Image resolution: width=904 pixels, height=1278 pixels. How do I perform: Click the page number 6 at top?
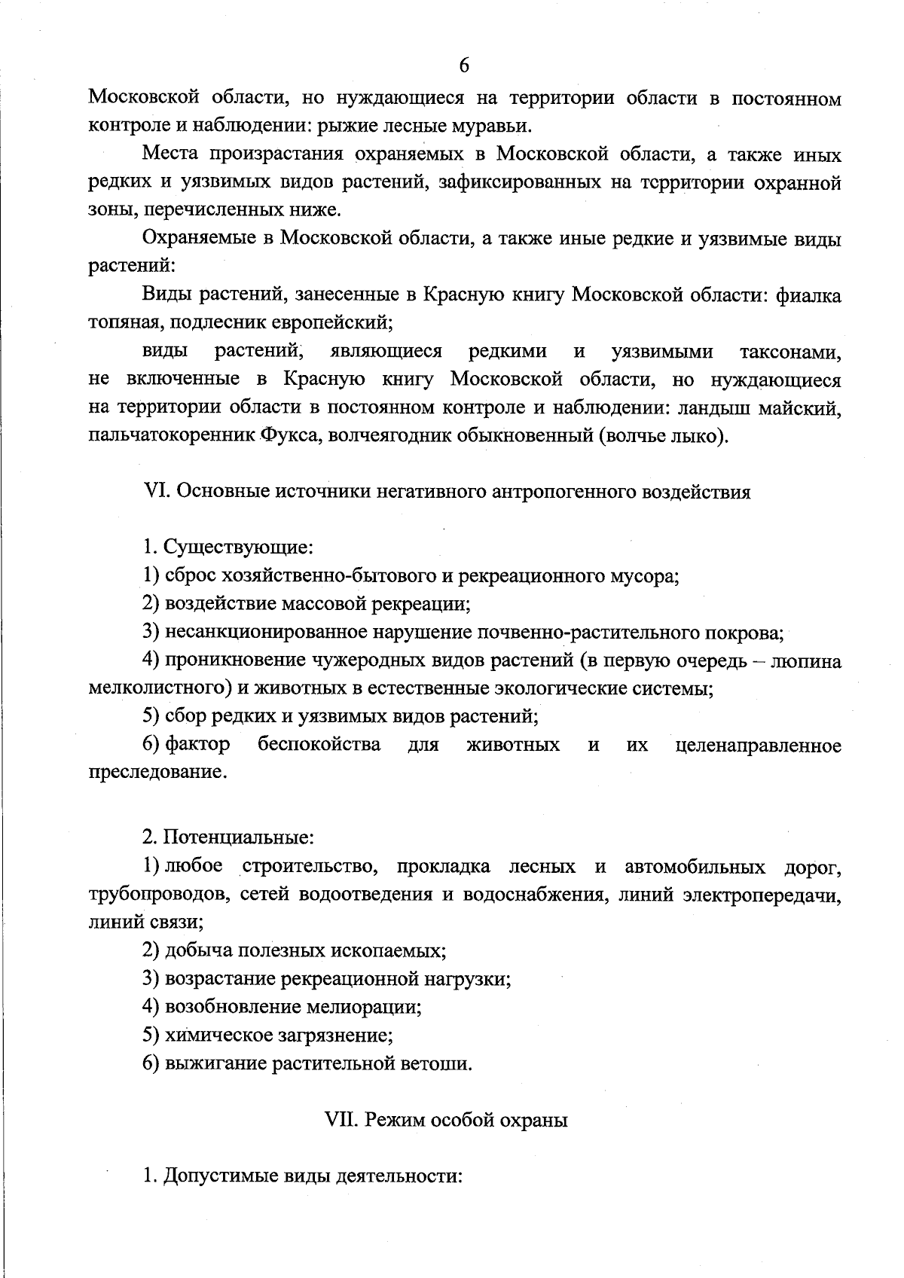point(464,66)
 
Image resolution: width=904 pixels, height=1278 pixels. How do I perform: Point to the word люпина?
point(808,661)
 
